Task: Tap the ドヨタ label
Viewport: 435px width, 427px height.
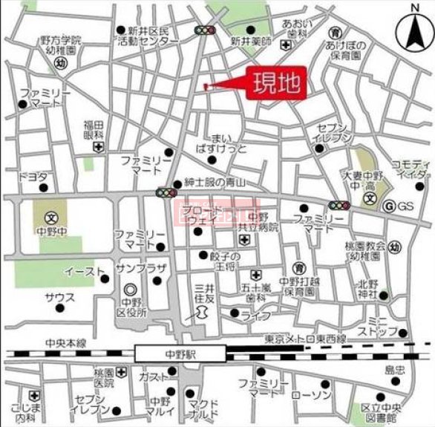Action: [33, 177]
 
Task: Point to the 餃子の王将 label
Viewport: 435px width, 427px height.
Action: [211, 261]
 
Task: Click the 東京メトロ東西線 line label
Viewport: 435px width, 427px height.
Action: [305, 339]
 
